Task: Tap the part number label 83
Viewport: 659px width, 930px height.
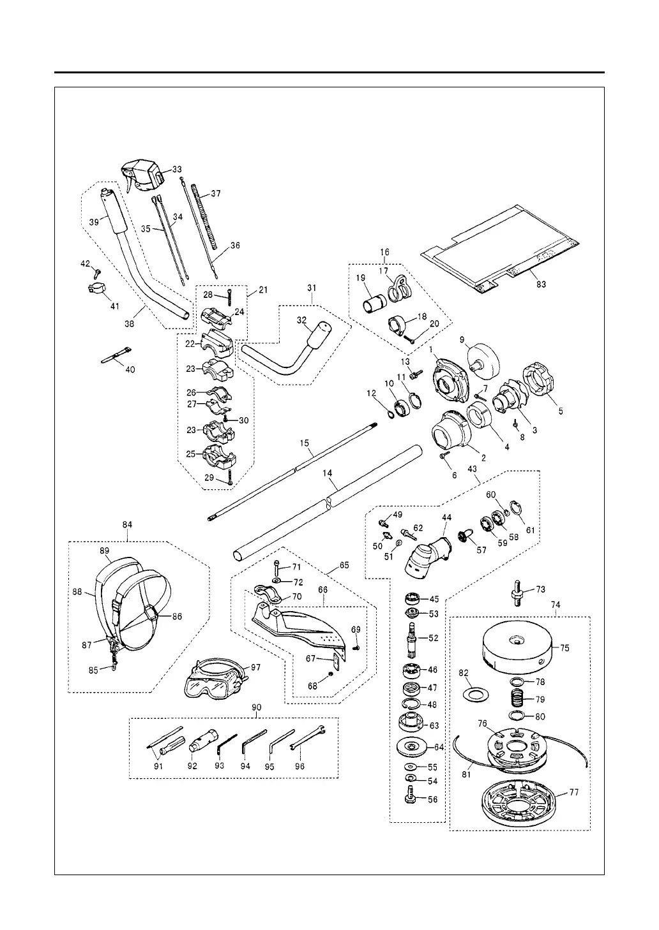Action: (x=542, y=285)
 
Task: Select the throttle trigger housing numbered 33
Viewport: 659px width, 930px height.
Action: (x=144, y=174)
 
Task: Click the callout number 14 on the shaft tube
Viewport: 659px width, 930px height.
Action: (x=328, y=475)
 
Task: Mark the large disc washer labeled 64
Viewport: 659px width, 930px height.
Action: (x=412, y=746)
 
